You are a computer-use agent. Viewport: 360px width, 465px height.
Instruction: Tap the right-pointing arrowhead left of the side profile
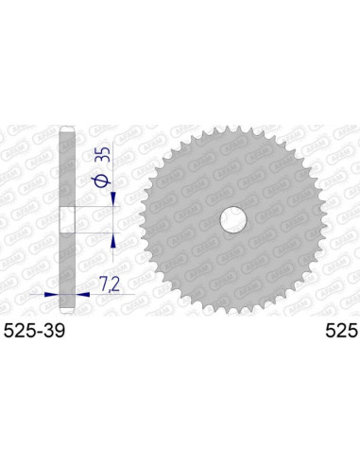(x=55, y=293)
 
